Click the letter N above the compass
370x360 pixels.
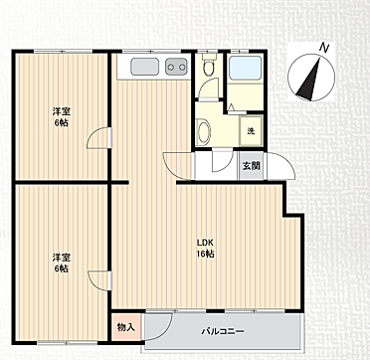[324, 48]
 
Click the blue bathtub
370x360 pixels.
[246, 68]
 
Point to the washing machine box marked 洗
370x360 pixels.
[251, 131]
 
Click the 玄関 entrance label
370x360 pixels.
[251, 166]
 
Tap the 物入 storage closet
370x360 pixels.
[126, 327]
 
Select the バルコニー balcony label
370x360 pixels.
[223, 331]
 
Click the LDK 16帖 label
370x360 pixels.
[206, 248]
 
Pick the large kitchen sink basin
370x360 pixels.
[144, 67]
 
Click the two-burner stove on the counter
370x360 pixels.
[176, 67]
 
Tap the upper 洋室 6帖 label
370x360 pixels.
[62, 117]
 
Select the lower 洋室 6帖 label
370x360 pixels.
[62, 263]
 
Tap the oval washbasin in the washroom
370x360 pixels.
[204, 131]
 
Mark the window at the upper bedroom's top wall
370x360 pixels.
[63, 51]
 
